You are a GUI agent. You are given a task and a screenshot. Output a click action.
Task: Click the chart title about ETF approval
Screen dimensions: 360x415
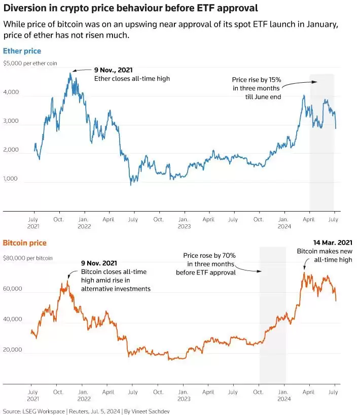point(131,8)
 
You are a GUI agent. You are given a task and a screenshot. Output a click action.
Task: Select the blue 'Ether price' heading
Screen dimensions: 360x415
point(22,51)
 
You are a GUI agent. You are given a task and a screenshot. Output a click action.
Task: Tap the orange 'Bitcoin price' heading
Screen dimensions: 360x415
point(25,243)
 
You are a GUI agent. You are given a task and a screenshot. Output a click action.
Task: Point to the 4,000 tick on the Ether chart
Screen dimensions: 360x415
point(11,92)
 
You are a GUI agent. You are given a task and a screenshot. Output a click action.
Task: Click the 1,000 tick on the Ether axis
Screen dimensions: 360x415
point(10,179)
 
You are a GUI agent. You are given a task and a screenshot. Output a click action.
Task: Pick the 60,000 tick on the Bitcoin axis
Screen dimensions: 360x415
point(13,289)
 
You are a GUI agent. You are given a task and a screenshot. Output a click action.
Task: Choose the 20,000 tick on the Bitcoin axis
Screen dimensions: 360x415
point(13,350)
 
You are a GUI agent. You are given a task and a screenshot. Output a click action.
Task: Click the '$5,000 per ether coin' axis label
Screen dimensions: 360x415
point(30,63)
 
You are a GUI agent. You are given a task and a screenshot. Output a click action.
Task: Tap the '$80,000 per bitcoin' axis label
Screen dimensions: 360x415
point(28,258)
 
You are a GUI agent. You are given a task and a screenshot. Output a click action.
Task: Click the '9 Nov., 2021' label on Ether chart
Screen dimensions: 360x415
point(114,70)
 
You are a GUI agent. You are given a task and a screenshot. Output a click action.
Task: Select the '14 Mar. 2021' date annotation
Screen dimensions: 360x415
point(333,243)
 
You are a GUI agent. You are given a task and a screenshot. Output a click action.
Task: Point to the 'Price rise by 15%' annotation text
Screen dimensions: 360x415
point(257,80)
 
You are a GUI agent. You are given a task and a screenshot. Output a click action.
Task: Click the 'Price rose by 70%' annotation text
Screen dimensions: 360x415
point(209,255)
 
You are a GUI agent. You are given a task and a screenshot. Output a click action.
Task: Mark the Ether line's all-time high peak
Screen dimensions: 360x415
point(70,74)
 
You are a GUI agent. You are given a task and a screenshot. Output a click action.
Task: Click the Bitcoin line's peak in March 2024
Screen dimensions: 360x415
point(304,272)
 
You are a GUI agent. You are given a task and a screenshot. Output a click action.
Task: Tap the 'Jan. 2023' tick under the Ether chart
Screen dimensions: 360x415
point(184,223)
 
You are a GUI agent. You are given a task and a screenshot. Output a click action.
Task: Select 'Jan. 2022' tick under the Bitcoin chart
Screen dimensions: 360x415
point(84,395)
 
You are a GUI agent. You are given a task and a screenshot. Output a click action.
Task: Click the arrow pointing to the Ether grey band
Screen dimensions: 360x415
point(300,84)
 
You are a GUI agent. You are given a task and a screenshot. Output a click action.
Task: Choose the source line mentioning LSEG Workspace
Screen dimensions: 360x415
point(86,411)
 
